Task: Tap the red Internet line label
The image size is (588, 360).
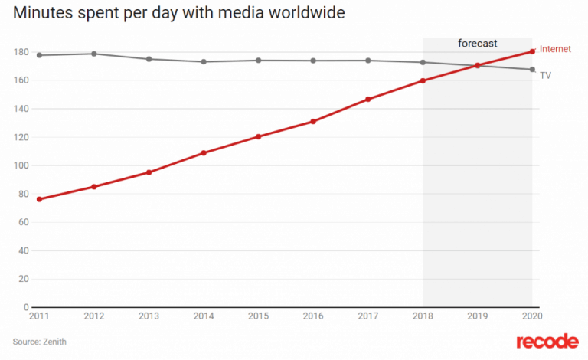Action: point(555,49)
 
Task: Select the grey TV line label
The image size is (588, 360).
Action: point(546,74)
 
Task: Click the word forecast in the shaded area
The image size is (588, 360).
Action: point(477,44)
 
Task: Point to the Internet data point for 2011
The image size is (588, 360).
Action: point(39,199)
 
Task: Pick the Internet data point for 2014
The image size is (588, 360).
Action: point(204,153)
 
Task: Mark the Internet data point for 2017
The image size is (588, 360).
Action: point(368,100)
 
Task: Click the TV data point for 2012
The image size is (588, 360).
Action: point(93,54)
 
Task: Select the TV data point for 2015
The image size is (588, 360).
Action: point(258,60)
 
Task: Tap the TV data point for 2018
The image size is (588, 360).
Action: point(423,62)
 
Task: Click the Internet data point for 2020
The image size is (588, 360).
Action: point(532,51)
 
